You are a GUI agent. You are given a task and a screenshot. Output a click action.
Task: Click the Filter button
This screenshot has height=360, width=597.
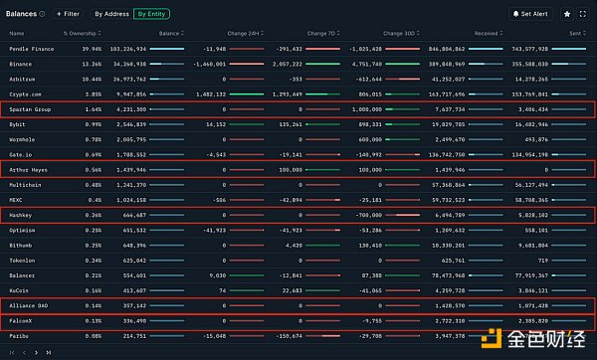(68, 15)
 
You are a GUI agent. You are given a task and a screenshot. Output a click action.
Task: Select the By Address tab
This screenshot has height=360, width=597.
(111, 15)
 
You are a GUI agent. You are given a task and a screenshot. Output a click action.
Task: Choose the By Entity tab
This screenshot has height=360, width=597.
(152, 15)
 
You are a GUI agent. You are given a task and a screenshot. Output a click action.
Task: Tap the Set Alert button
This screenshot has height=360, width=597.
(529, 15)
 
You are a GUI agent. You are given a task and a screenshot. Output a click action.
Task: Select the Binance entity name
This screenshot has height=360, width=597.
(21, 63)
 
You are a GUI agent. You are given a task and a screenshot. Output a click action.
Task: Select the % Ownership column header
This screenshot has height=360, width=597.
(79, 33)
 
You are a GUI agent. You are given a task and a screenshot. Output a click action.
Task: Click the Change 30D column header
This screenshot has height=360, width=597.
(398, 33)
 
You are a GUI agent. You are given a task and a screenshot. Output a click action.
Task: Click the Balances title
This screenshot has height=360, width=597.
(26, 15)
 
